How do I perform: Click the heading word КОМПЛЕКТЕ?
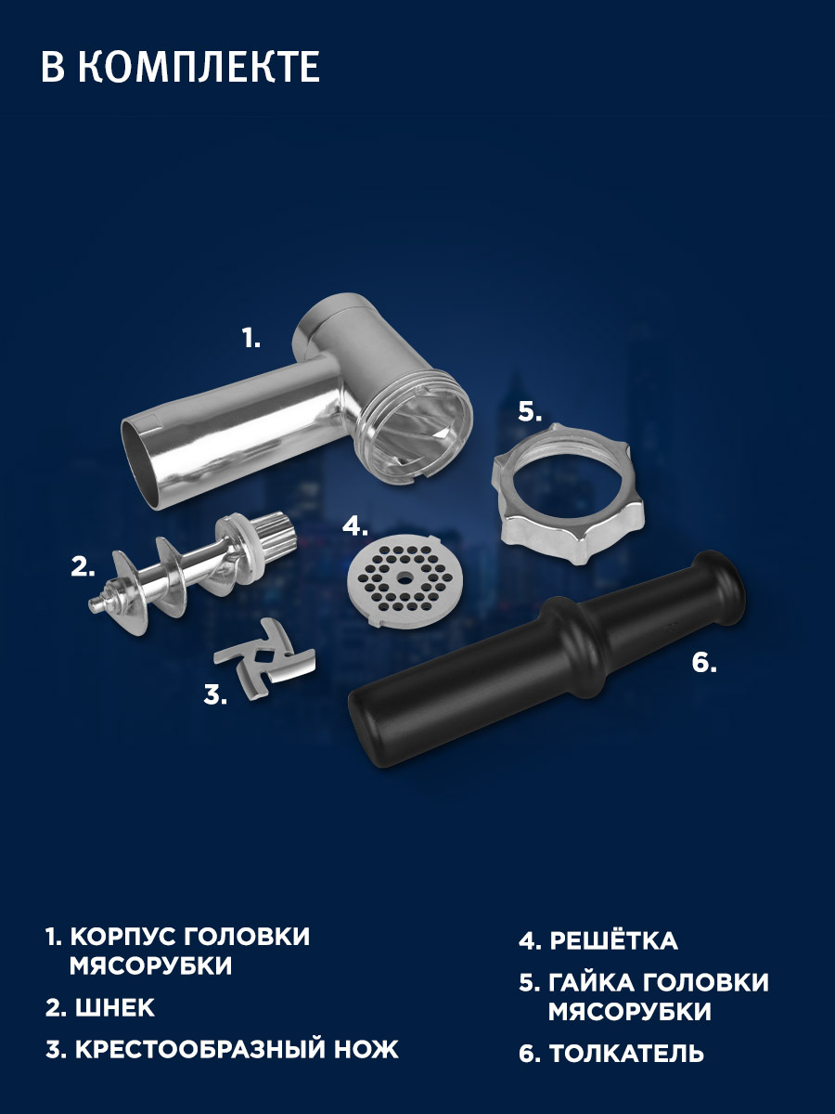[199, 67]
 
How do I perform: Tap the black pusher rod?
[547, 660]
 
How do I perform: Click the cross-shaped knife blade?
[264, 659]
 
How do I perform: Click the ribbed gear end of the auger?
[276, 535]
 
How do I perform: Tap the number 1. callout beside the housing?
[250, 338]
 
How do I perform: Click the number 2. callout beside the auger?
[83, 566]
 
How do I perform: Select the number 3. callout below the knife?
[215, 694]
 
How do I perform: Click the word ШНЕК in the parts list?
[114, 1007]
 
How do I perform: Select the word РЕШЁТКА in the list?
[613, 939]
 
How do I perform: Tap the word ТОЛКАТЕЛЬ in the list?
[626, 1053]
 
